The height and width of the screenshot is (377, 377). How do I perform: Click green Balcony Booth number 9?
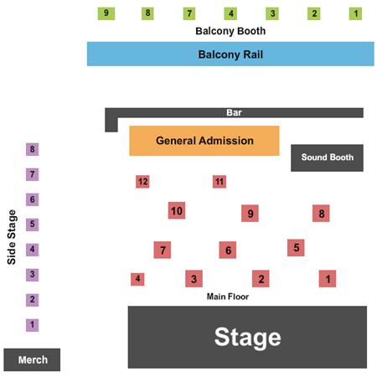[106, 13]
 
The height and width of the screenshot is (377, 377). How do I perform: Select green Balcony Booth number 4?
[230, 13]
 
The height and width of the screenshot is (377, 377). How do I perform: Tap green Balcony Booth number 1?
[355, 13]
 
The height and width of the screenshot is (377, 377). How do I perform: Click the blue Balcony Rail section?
[230, 54]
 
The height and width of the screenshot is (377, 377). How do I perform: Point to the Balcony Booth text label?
[230, 31]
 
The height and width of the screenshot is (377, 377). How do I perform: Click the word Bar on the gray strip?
[234, 112]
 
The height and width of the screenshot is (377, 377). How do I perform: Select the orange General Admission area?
[204, 141]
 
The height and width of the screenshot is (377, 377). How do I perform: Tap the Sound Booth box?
[327, 158]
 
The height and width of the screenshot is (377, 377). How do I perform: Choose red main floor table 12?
[142, 182]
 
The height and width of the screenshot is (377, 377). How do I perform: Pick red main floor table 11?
[219, 182]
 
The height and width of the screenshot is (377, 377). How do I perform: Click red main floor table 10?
[177, 210]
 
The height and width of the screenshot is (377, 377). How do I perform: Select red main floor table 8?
[321, 214]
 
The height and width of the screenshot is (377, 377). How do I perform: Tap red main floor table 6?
[228, 250]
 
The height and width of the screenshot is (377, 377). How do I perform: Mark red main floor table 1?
[328, 278]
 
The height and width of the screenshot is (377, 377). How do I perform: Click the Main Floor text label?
[228, 297]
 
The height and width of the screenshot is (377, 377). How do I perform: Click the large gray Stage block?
[247, 337]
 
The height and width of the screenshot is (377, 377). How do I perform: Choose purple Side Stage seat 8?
[33, 149]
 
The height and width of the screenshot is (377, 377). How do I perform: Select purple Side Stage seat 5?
[33, 225]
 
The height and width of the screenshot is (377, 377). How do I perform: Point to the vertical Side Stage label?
[12, 237]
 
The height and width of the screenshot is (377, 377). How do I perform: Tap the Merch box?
[32, 359]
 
